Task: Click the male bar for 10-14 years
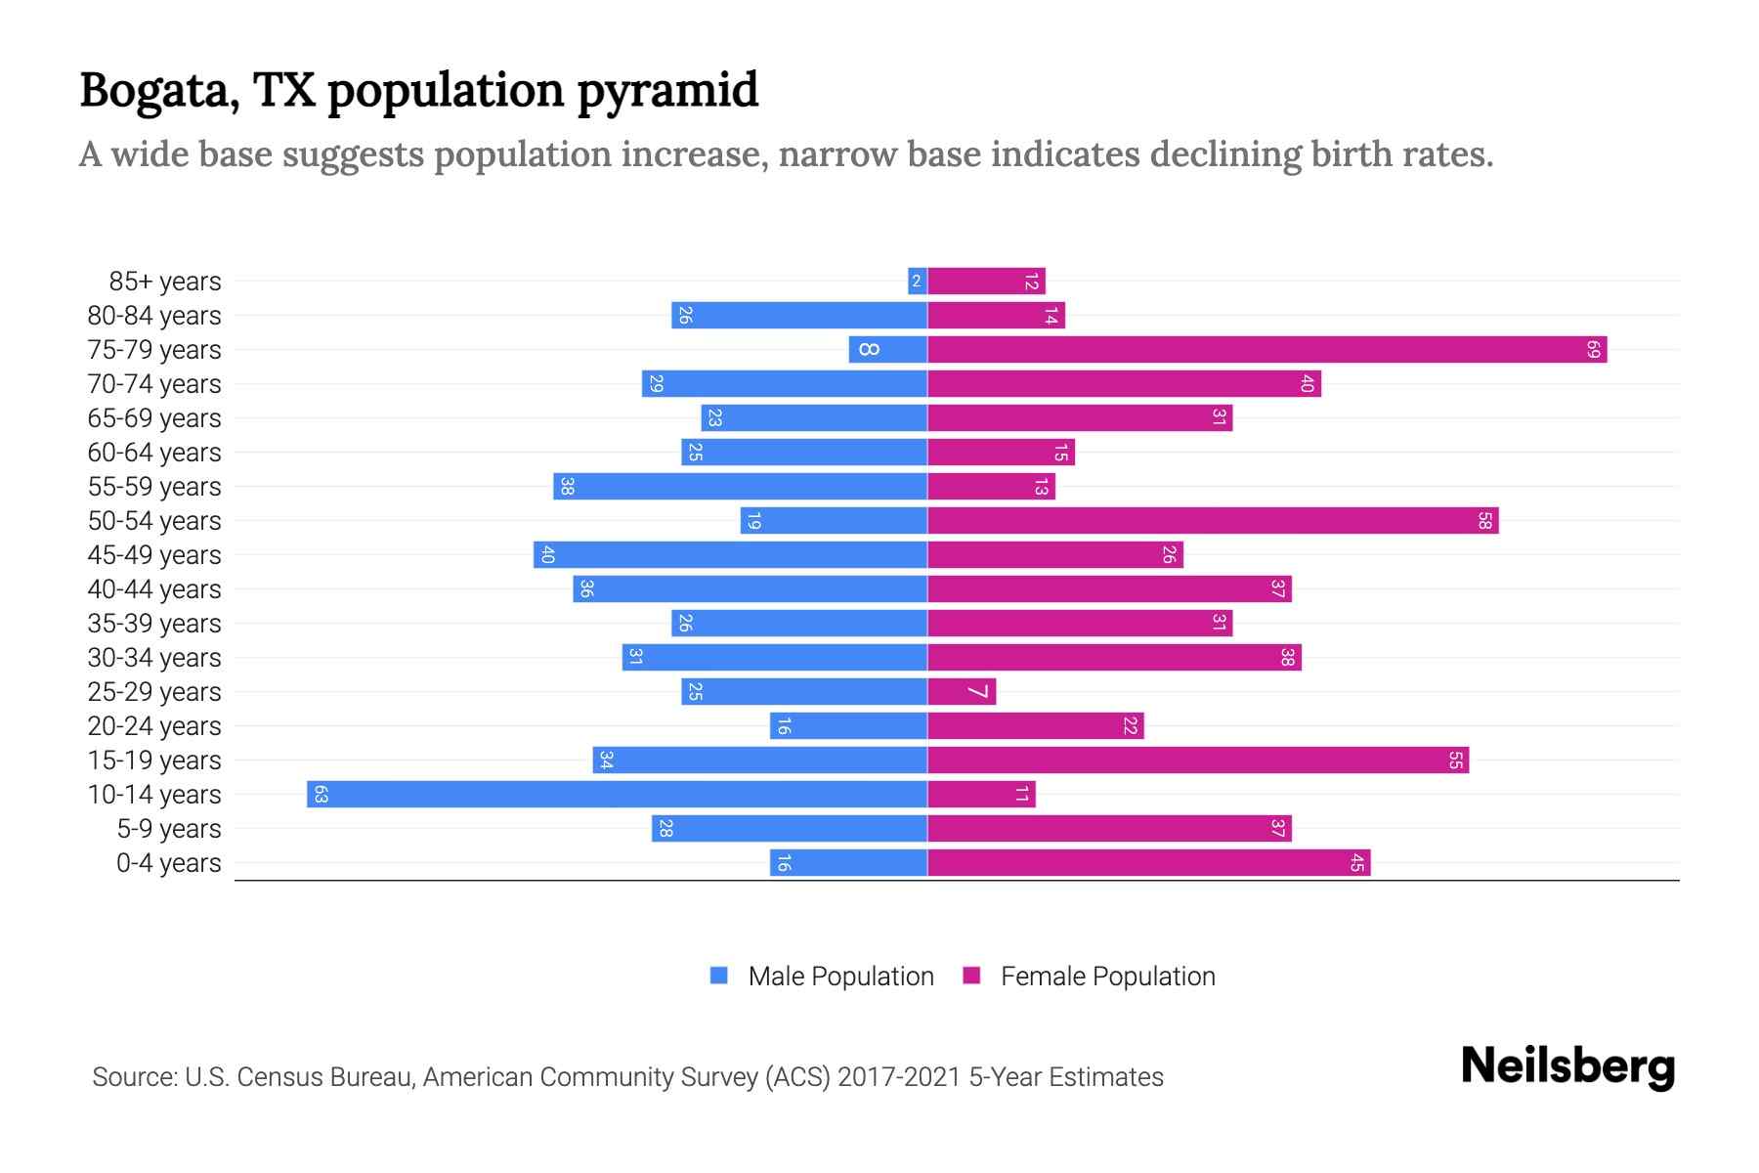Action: tap(616, 795)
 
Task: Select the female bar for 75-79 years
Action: tap(1266, 350)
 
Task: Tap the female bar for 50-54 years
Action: tap(1212, 521)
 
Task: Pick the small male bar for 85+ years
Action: tap(917, 282)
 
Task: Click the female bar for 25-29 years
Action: tap(962, 692)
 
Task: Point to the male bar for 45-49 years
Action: tap(730, 555)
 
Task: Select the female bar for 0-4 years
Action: tap(1148, 863)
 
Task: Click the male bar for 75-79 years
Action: tap(887, 350)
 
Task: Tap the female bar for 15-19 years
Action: tap(1197, 760)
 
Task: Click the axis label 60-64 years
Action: tap(154, 453)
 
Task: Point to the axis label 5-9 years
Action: tap(168, 829)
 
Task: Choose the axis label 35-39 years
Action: tap(154, 624)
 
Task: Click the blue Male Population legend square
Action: tap(719, 976)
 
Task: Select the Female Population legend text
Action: tap(1107, 976)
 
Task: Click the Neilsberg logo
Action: tap(1567, 1065)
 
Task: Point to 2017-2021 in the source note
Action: tap(899, 1077)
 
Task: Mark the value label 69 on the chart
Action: tap(1593, 350)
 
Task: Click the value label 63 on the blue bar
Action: tap(321, 795)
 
